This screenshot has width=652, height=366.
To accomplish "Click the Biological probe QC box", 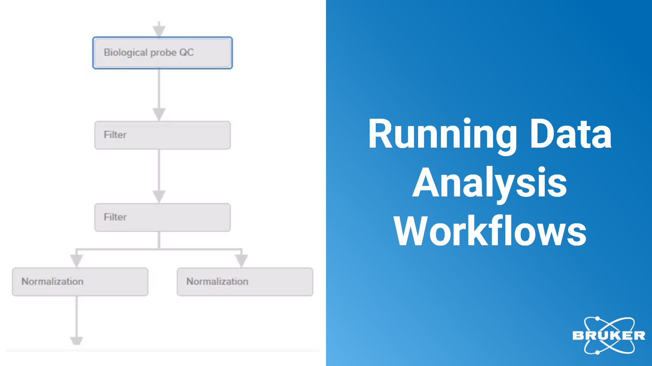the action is coord(163,53).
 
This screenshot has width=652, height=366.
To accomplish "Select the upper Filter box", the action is coord(163,135).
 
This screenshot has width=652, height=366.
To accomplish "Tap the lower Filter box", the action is coord(163,217).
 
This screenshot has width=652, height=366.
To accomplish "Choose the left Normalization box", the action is coord(80,282).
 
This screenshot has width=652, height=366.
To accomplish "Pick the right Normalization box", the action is coord(245,282).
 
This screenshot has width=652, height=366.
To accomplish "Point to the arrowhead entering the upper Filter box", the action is coord(159,114).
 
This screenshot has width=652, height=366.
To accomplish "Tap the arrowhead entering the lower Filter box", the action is coord(159,197).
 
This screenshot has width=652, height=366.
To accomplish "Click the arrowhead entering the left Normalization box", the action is coord(77,261).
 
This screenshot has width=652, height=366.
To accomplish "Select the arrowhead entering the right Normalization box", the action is coord(241,261).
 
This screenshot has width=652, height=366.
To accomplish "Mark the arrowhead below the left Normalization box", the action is coord(77,341).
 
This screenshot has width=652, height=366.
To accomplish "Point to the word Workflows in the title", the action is coord(490,231).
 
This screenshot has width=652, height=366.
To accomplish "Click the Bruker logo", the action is coord(609,335).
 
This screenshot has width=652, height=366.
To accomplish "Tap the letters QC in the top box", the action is coord(186,52).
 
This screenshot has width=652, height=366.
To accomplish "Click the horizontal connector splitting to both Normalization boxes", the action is coord(159,249).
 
